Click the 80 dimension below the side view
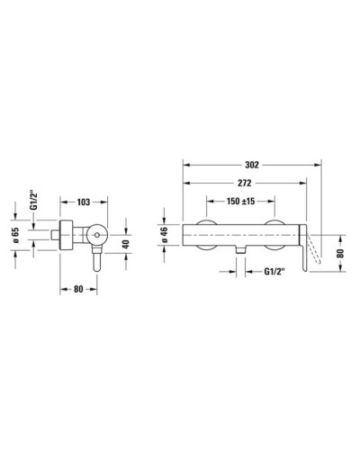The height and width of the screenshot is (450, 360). pyautogui.click(x=79, y=290)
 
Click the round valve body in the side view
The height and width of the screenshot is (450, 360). pyautogui.click(x=96, y=238)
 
